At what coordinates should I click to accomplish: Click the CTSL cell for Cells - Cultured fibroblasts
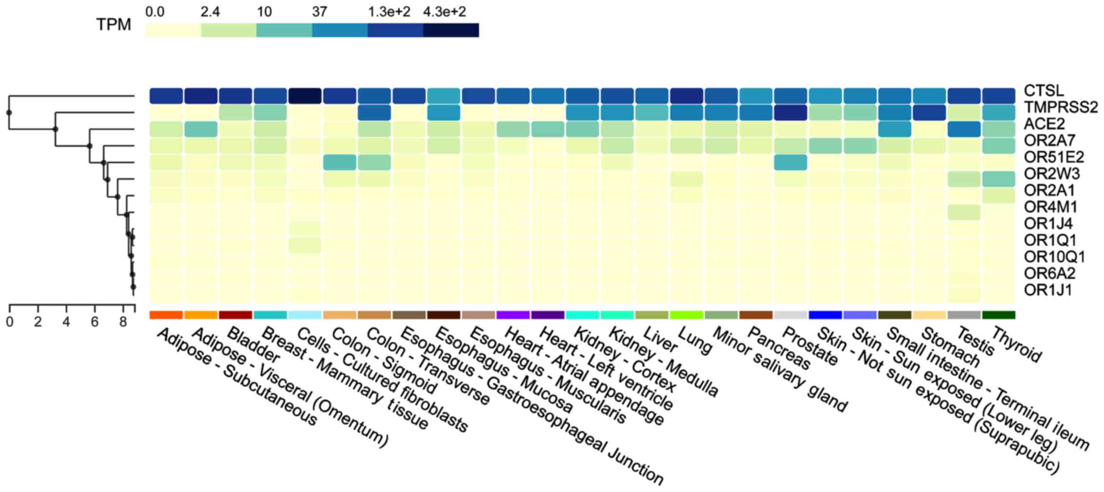(x=305, y=96)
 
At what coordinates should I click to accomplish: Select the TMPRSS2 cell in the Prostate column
(x=791, y=112)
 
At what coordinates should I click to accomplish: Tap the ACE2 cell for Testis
(x=964, y=129)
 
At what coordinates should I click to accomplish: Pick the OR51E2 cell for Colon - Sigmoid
(x=339, y=162)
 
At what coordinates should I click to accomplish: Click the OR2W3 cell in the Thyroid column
(x=999, y=179)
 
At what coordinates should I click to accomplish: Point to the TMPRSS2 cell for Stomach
(x=929, y=112)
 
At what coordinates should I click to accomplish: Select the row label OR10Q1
(x=1054, y=256)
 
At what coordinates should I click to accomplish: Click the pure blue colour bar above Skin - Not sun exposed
(x=825, y=315)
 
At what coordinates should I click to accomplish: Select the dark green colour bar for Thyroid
(x=999, y=315)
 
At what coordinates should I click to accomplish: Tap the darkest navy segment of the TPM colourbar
(x=451, y=30)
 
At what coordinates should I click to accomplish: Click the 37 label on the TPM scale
(x=319, y=12)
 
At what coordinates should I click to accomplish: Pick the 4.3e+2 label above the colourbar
(x=444, y=12)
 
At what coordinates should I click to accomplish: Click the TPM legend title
(x=113, y=25)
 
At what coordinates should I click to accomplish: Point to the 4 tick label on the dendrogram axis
(x=66, y=322)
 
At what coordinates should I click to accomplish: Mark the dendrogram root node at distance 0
(x=9, y=113)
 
